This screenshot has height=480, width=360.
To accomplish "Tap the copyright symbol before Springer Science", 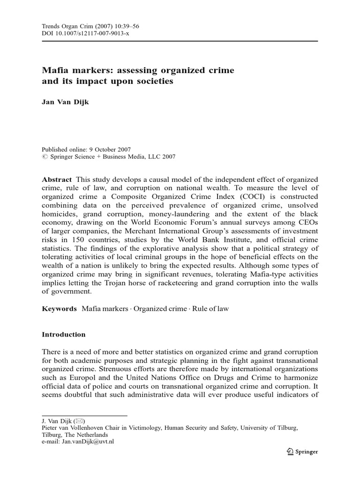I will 45,157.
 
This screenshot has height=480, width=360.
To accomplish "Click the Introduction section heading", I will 64,335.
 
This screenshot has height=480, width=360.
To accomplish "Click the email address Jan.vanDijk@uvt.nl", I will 89,441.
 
